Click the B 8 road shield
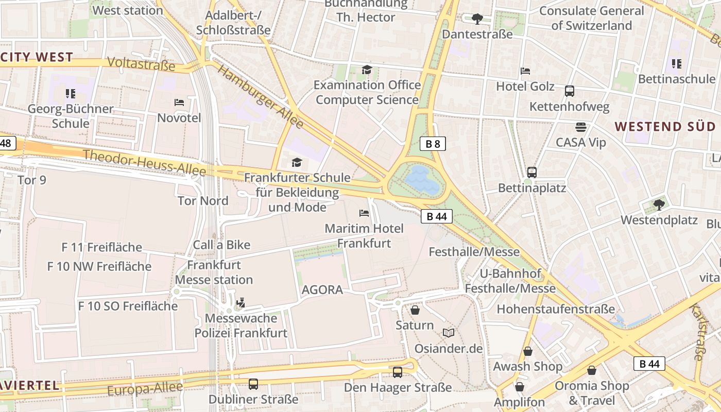click(x=433, y=144)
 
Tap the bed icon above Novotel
click(x=179, y=102)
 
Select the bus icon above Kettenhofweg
click(x=569, y=91)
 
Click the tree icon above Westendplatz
click(x=659, y=205)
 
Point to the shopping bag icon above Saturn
click(x=415, y=310)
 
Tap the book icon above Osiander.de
click(x=449, y=333)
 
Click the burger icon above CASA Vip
click(x=581, y=127)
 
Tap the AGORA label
click(x=322, y=289)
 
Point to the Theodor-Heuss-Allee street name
click(x=144, y=162)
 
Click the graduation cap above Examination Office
click(x=367, y=70)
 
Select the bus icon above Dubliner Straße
click(x=253, y=384)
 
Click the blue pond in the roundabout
click(x=422, y=180)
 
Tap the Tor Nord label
click(x=203, y=200)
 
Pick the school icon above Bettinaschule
click(x=676, y=64)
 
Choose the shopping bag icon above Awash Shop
click(x=528, y=351)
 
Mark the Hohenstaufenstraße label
click(x=556, y=309)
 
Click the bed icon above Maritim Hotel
click(x=364, y=213)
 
